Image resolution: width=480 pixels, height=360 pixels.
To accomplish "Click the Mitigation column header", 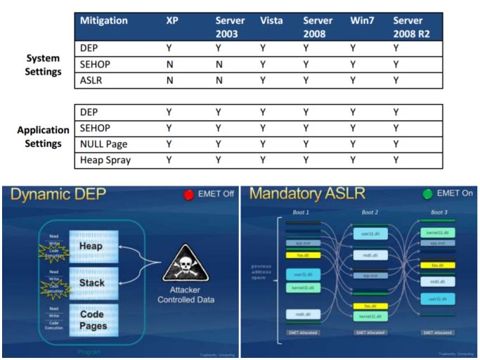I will click(104, 21).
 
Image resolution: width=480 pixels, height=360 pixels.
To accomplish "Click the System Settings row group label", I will click(41, 65).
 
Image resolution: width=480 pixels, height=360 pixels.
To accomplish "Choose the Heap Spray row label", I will click(105, 160).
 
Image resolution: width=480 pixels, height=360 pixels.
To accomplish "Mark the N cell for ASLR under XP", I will click(169, 81).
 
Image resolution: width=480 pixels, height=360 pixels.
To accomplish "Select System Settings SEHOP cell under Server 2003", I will click(219, 65).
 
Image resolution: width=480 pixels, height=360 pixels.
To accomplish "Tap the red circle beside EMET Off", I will click(188, 195).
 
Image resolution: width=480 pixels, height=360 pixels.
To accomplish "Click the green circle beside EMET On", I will click(426, 195).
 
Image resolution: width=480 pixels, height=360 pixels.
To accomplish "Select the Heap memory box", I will click(91, 247).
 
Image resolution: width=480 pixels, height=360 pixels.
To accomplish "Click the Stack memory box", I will click(91, 283).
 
